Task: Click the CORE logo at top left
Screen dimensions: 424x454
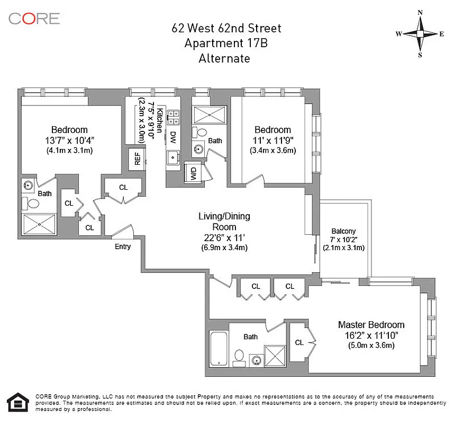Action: [x=34, y=19]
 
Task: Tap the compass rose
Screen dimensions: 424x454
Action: [x=420, y=33]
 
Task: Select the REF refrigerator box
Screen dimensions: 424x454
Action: [x=138, y=158]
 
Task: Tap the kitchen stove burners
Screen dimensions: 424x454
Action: [x=173, y=116]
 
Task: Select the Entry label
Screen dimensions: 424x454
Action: [x=123, y=246]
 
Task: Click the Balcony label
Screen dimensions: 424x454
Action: [x=343, y=231]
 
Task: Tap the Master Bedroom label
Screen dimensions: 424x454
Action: [x=371, y=325]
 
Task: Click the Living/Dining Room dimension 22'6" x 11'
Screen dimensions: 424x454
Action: [x=224, y=237]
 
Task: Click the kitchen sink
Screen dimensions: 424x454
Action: [x=172, y=157]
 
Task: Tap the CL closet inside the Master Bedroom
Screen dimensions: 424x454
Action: [x=299, y=342]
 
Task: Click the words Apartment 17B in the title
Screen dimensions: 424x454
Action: [x=226, y=43]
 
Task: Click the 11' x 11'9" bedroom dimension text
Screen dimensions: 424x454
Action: [x=273, y=140]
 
